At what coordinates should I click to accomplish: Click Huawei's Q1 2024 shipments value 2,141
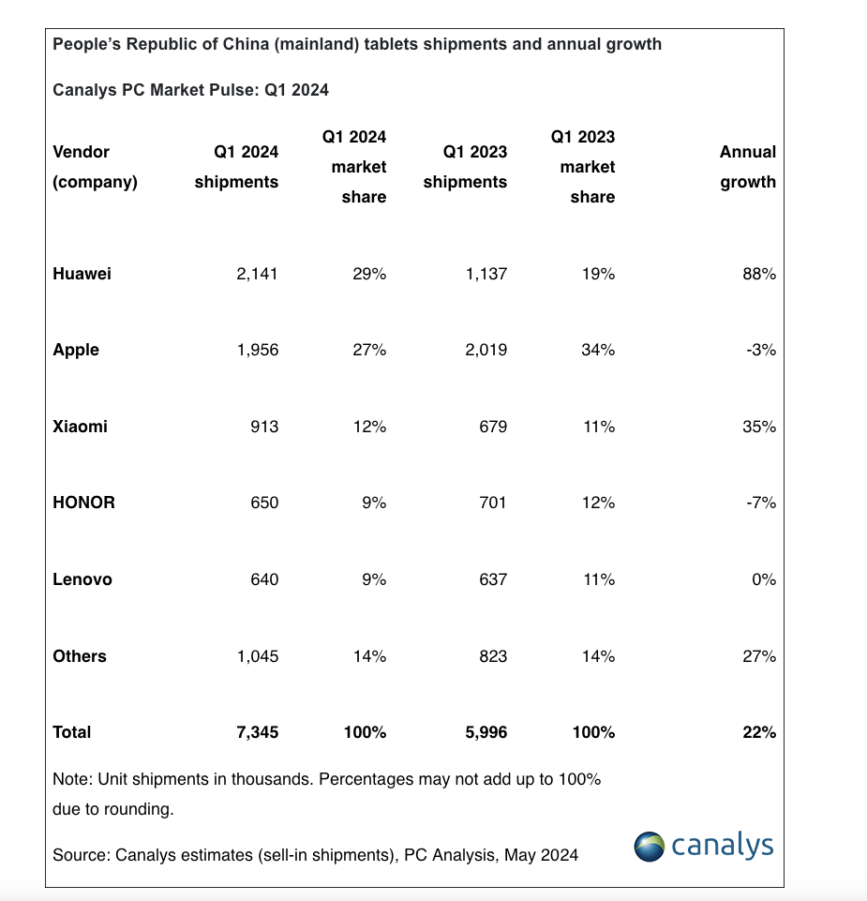257,274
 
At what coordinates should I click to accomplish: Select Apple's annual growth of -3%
761,350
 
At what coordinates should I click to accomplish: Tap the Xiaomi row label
80,427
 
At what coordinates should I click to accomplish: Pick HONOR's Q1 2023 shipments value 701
493,503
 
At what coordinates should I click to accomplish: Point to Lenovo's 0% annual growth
764,579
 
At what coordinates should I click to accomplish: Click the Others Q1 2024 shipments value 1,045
258,656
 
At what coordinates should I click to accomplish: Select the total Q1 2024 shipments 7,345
258,732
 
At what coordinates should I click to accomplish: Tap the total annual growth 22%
759,732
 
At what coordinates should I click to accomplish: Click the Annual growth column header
747,167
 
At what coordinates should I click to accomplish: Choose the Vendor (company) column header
95,167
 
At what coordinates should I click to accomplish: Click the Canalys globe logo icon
649,847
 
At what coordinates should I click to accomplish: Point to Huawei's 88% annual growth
759,274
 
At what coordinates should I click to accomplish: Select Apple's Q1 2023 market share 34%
598,350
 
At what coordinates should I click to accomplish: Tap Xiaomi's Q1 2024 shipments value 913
264,427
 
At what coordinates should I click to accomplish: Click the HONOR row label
83,503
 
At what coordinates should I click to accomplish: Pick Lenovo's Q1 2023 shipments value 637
493,579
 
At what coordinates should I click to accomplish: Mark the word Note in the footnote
70,779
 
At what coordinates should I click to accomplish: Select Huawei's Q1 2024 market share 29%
369,274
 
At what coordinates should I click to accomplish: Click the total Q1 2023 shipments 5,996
486,732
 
